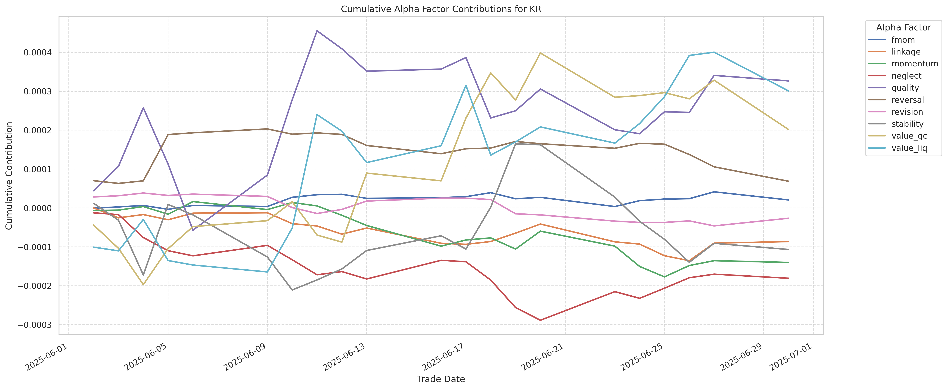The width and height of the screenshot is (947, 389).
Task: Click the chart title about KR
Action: pos(441,9)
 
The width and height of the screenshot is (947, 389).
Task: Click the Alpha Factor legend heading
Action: pos(903,28)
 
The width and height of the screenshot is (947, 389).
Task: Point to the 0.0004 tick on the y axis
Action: pos(38,53)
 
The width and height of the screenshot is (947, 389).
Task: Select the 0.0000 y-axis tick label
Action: pos(38,208)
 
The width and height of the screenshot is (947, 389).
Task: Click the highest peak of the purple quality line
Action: pos(317,31)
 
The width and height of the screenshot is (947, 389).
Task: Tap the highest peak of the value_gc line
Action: pos(540,53)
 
